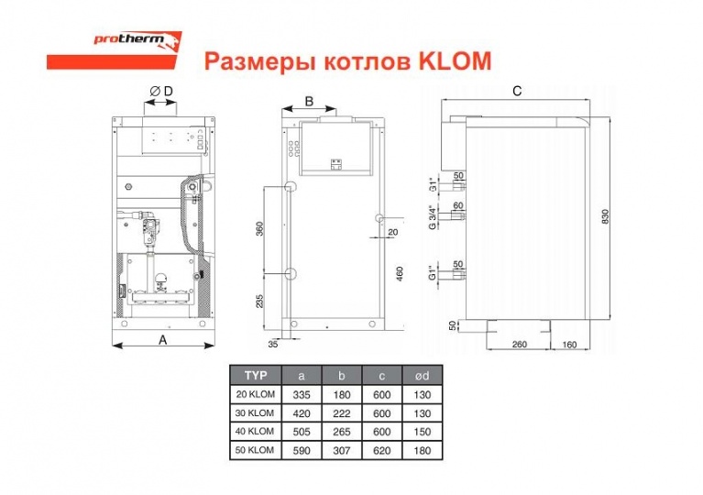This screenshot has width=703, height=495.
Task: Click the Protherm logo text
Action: [x=128, y=39]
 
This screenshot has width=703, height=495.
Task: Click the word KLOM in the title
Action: [x=455, y=61]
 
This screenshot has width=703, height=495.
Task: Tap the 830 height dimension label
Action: [x=605, y=217]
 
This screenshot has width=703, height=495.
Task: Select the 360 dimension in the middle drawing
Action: [x=259, y=228]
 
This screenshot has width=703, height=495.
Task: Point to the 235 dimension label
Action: [x=259, y=301]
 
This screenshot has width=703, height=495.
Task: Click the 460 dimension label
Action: [x=400, y=274]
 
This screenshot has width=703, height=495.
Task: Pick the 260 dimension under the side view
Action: [x=519, y=345]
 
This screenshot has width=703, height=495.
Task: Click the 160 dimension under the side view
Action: [x=569, y=345]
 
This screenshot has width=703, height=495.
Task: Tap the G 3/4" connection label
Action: [x=433, y=218]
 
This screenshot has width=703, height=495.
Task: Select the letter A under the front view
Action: [x=163, y=340]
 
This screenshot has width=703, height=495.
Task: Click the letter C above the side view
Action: [x=517, y=91]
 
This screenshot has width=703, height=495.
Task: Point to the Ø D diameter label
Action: [x=161, y=91]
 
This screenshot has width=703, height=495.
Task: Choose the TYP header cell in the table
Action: [x=256, y=375]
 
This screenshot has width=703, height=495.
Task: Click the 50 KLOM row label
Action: [x=254, y=450]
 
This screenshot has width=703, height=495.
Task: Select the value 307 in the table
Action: [x=342, y=450]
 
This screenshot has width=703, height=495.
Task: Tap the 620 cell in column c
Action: [x=382, y=450]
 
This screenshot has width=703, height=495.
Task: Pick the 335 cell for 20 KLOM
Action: [x=302, y=395]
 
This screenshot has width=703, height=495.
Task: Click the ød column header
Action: [x=423, y=376]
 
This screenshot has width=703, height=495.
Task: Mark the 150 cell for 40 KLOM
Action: [x=423, y=432]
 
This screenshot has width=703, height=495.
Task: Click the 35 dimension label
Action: [x=273, y=345]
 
